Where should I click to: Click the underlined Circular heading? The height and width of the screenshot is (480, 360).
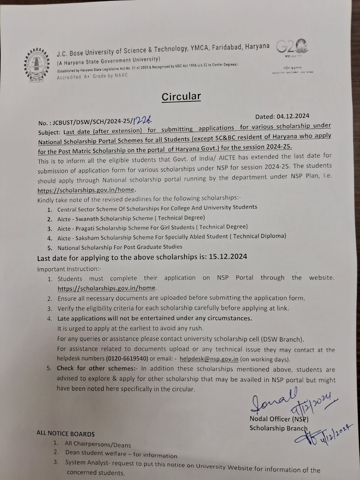(x=181, y=97)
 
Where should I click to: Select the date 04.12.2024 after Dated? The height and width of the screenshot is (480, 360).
(x=290, y=116)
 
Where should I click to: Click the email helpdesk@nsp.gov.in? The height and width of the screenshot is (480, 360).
(x=209, y=359)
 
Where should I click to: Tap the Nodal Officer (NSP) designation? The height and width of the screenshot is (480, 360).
(x=279, y=419)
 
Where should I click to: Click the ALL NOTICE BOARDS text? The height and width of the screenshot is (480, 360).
(x=65, y=434)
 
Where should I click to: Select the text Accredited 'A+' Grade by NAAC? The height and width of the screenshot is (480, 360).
(x=92, y=76)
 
